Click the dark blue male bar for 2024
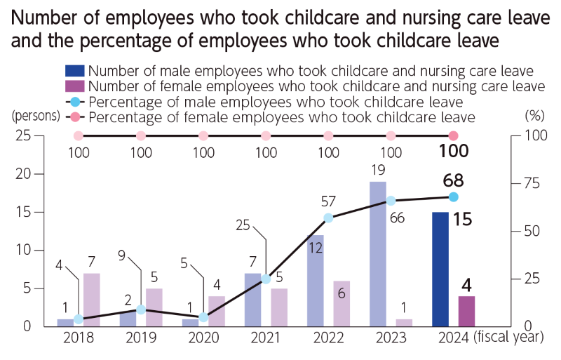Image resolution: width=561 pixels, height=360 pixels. tap(440, 269)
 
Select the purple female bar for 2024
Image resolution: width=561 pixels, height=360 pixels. tap(466, 311)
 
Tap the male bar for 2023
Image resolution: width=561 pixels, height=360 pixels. tap(378, 253)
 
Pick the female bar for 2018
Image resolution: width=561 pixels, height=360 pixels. tap(92, 299)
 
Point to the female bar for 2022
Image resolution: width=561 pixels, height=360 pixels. tap(342, 303)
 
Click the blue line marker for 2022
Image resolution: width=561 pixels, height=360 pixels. tap(328, 218)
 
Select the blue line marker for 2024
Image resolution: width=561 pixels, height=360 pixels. tap(454, 196)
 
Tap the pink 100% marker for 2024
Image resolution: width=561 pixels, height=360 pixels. tap(454, 135)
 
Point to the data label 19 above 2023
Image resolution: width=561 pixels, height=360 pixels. tap(377, 170)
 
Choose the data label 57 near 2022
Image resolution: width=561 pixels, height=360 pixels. tap(328, 201)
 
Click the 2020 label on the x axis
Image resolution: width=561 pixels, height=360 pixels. tap(203, 338)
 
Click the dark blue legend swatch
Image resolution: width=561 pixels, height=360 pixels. tap(74, 70)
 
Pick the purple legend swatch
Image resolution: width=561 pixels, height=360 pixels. tap(74, 86)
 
